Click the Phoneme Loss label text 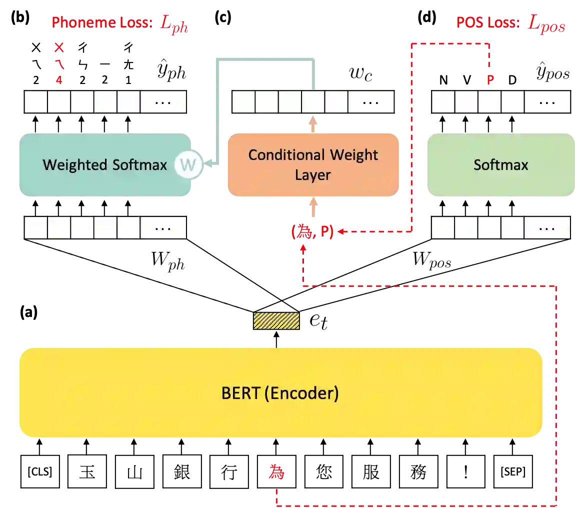tap(102, 22)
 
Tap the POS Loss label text tap(487, 22)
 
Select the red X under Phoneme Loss tap(59, 48)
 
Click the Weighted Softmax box tap(104, 165)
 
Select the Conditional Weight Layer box tap(313, 165)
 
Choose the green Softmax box tap(500, 165)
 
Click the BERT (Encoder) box tap(280, 393)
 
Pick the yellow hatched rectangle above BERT tap(276, 321)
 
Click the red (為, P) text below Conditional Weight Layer tap(312, 232)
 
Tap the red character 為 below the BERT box tap(276, 472)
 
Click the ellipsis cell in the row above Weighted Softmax tap(163, 102)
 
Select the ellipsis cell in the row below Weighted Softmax tap(163, 228)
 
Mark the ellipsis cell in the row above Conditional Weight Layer tap(371, 102)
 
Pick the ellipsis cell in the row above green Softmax tap(547, 102)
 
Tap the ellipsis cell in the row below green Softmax tap(547, 228)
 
